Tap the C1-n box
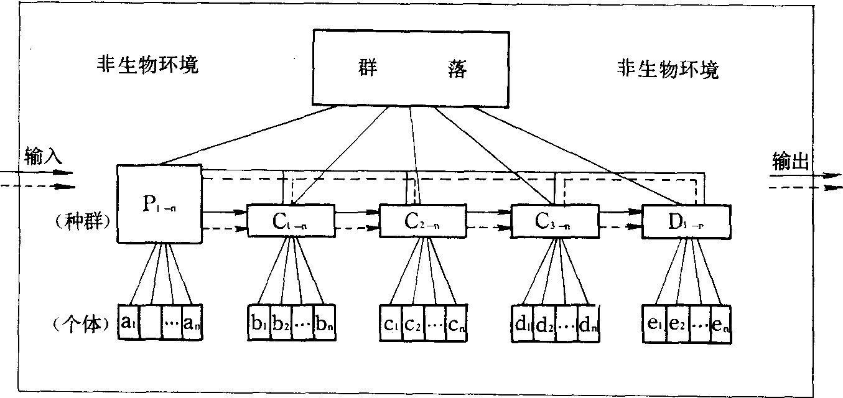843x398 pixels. (x=290, y=220)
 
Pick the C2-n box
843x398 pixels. (x=422, y=220)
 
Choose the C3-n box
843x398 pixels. (x=554, y=220)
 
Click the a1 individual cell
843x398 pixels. (x=129, y=322)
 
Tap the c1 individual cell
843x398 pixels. (x=391, y=323)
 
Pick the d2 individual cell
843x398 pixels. (x=544, y=323)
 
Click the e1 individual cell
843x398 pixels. (x=654, y=323)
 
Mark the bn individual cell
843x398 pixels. (x=324, y=322)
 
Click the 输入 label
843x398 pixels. (x=44, y=155)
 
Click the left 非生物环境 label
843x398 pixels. (x=147, y=64)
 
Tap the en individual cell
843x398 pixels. (x=720, y=323)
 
